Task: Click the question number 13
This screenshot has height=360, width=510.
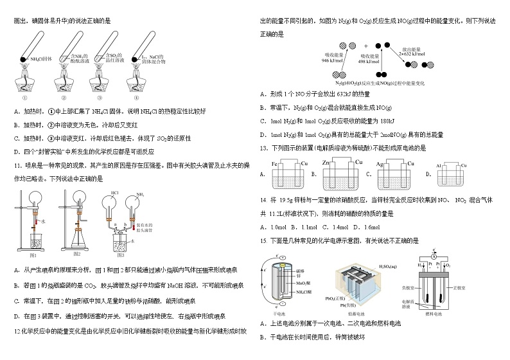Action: point(265,148)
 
